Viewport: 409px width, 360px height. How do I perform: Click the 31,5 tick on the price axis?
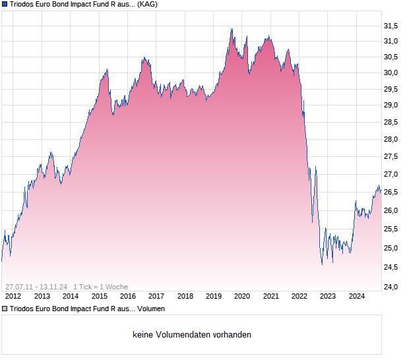391,26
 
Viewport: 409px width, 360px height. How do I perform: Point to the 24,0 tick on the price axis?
391,287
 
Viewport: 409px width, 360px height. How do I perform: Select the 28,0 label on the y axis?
391,140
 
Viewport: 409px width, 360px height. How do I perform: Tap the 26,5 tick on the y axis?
391,193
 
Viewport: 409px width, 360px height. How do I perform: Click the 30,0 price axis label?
391,73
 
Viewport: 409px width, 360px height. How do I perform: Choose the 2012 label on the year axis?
13,296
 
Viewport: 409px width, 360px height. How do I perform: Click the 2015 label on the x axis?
99,296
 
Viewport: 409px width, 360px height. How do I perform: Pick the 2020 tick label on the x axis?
242,296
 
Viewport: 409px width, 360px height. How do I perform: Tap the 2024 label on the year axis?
356,296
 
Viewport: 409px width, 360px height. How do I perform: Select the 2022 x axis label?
299,296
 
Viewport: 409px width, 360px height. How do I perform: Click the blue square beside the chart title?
5,4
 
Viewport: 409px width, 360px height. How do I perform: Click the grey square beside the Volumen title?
5,309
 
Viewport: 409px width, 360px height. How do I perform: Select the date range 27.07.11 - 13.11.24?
36,286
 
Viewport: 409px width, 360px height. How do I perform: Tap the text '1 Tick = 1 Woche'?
101,286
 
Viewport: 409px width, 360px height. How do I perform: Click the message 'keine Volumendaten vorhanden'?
192,335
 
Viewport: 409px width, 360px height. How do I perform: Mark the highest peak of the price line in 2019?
232,29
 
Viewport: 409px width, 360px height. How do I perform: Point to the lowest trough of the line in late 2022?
322,264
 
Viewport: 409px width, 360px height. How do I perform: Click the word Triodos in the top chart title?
24,4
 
